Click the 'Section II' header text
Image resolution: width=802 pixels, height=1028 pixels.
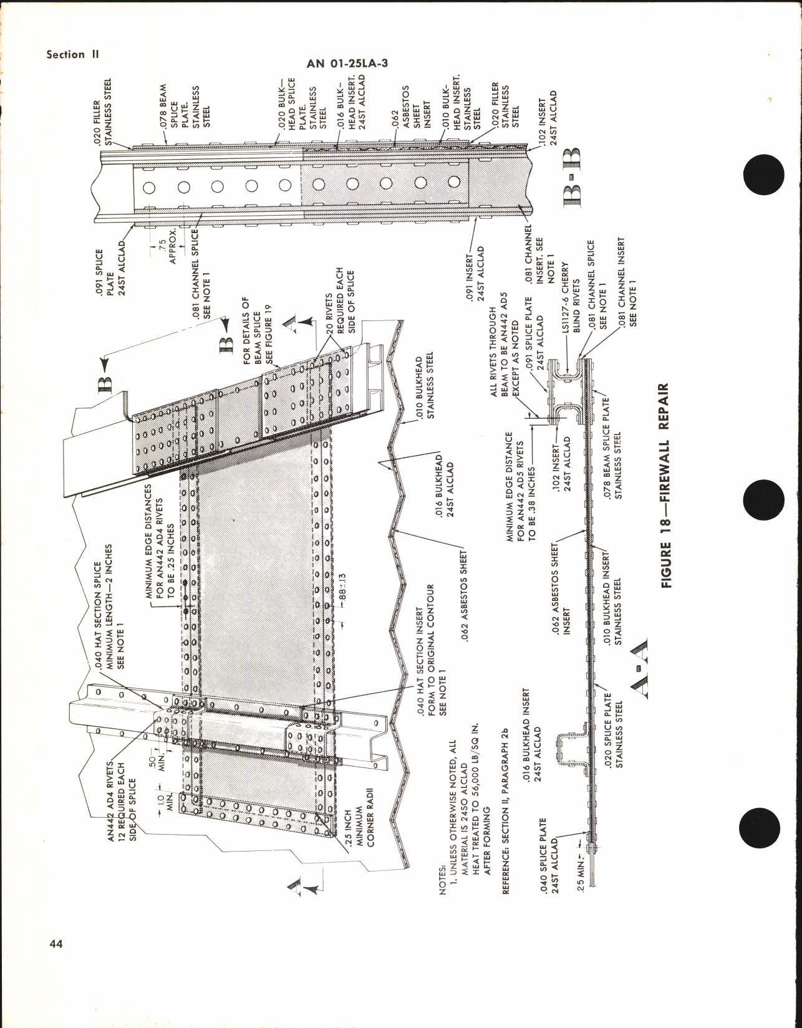(x=72, y=54)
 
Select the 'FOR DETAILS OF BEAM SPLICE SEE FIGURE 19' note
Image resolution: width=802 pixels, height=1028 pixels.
(x=258, y=329)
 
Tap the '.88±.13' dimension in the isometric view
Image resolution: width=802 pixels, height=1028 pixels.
(x=342, y=590)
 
